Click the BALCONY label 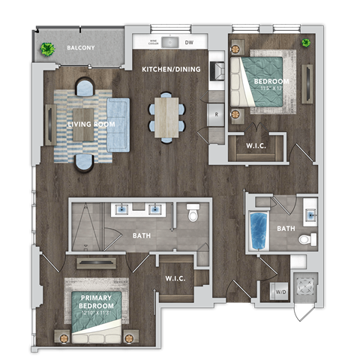pyautogui.click(x=80, y=47)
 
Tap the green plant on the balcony pyautogui.click(x=48, y=50)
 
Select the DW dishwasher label pyautogui.click(x=187, y=43)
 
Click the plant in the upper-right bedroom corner pyautogui.click(x=306, y=43)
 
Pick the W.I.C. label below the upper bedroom pyautogui.click(x=255, y=145)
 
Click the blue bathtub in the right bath pyautogui.click(x=259, y=230)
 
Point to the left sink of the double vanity pyautogui.click(x=123, y=210)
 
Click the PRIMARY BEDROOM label pyautogui.click(x=97, y=302)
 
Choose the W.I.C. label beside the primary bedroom pyautogui.click(x=175, y=279)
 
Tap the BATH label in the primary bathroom pyautogui.click(x=142, y=235)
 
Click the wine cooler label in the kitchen pyautogui.click(x=153, y=43)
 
